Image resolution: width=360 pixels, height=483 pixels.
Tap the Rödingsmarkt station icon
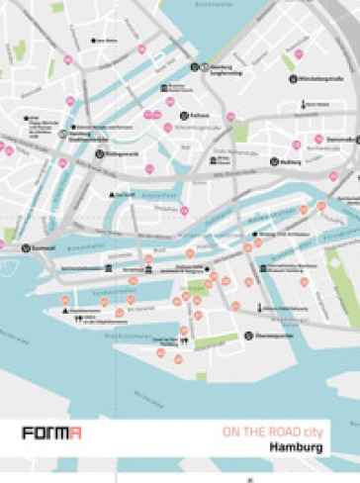(x=100, y=153)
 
